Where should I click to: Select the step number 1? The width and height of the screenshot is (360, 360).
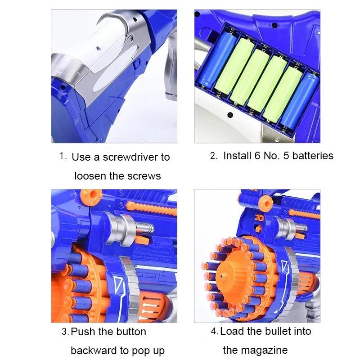coord(63,156)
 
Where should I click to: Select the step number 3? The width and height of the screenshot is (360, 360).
coord(64,332)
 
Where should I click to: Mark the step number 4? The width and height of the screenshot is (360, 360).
coord(214,332)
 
